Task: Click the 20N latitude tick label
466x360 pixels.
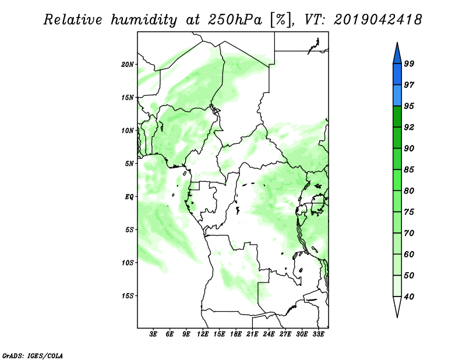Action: pos(128,65)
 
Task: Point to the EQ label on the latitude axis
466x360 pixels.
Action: pos(129,197)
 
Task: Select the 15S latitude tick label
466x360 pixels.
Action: pos(128,296)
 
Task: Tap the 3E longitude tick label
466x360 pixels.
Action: pos(153,334)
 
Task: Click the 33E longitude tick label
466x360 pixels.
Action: pos(318,334)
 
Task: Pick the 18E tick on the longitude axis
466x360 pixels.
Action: pos(236,334)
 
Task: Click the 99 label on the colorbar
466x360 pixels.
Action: pos(409,64)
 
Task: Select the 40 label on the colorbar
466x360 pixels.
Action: pos(409,297)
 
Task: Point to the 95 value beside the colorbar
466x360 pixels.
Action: pos(409,106)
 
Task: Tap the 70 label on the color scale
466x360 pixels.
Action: pos(409,233)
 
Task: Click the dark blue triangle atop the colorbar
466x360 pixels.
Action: pos(397,53)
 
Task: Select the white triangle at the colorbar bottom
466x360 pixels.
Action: pos(397,307)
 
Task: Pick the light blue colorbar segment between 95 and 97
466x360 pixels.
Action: pos(397,96)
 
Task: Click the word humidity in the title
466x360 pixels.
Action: pos(144,20)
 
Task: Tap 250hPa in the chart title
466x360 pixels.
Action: pos(235,20)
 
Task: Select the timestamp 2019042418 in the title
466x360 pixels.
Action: pos(377,20)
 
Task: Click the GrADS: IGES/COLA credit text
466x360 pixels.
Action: pos(33,355)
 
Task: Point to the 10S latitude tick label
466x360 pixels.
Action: pos(128,263)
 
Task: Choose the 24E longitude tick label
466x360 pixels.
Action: pos(269,334)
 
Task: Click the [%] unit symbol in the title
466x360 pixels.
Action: pos(281,20)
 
